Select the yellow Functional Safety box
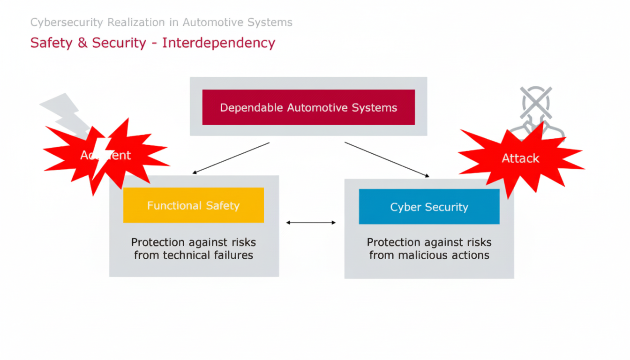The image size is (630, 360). [x=193, y=205]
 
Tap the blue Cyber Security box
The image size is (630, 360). [x=429, y=207]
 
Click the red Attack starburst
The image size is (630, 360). [x=520, y=158]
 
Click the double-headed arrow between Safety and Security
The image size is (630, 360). [x=311, y=223]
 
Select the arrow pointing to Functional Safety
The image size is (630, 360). [x=231, y=158]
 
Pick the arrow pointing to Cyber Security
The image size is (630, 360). [x=387, y=159]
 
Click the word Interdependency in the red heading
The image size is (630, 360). [x=218, y=43]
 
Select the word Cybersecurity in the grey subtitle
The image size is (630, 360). [x=67, y=22]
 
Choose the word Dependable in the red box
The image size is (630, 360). [x=251, y=107]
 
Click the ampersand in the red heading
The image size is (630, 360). [x=82, y=43]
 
